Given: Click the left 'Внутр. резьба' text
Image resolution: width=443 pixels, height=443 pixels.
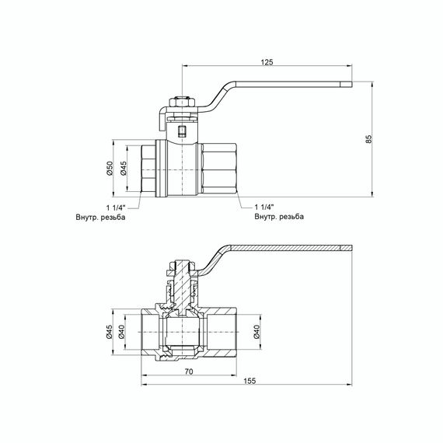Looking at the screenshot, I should [x=100, y=218].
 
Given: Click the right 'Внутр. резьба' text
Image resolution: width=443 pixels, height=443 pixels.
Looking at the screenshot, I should [x=279, y=218].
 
